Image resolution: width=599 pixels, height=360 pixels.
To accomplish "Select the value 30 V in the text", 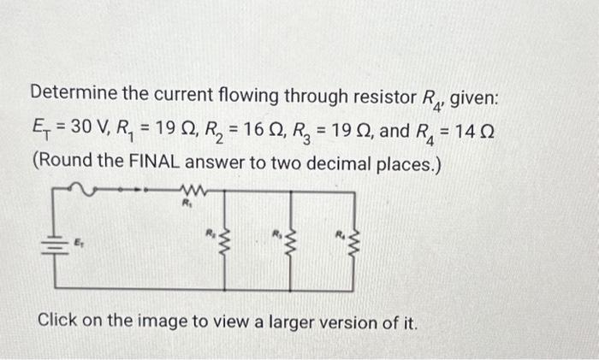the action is (x=85, y=128).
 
